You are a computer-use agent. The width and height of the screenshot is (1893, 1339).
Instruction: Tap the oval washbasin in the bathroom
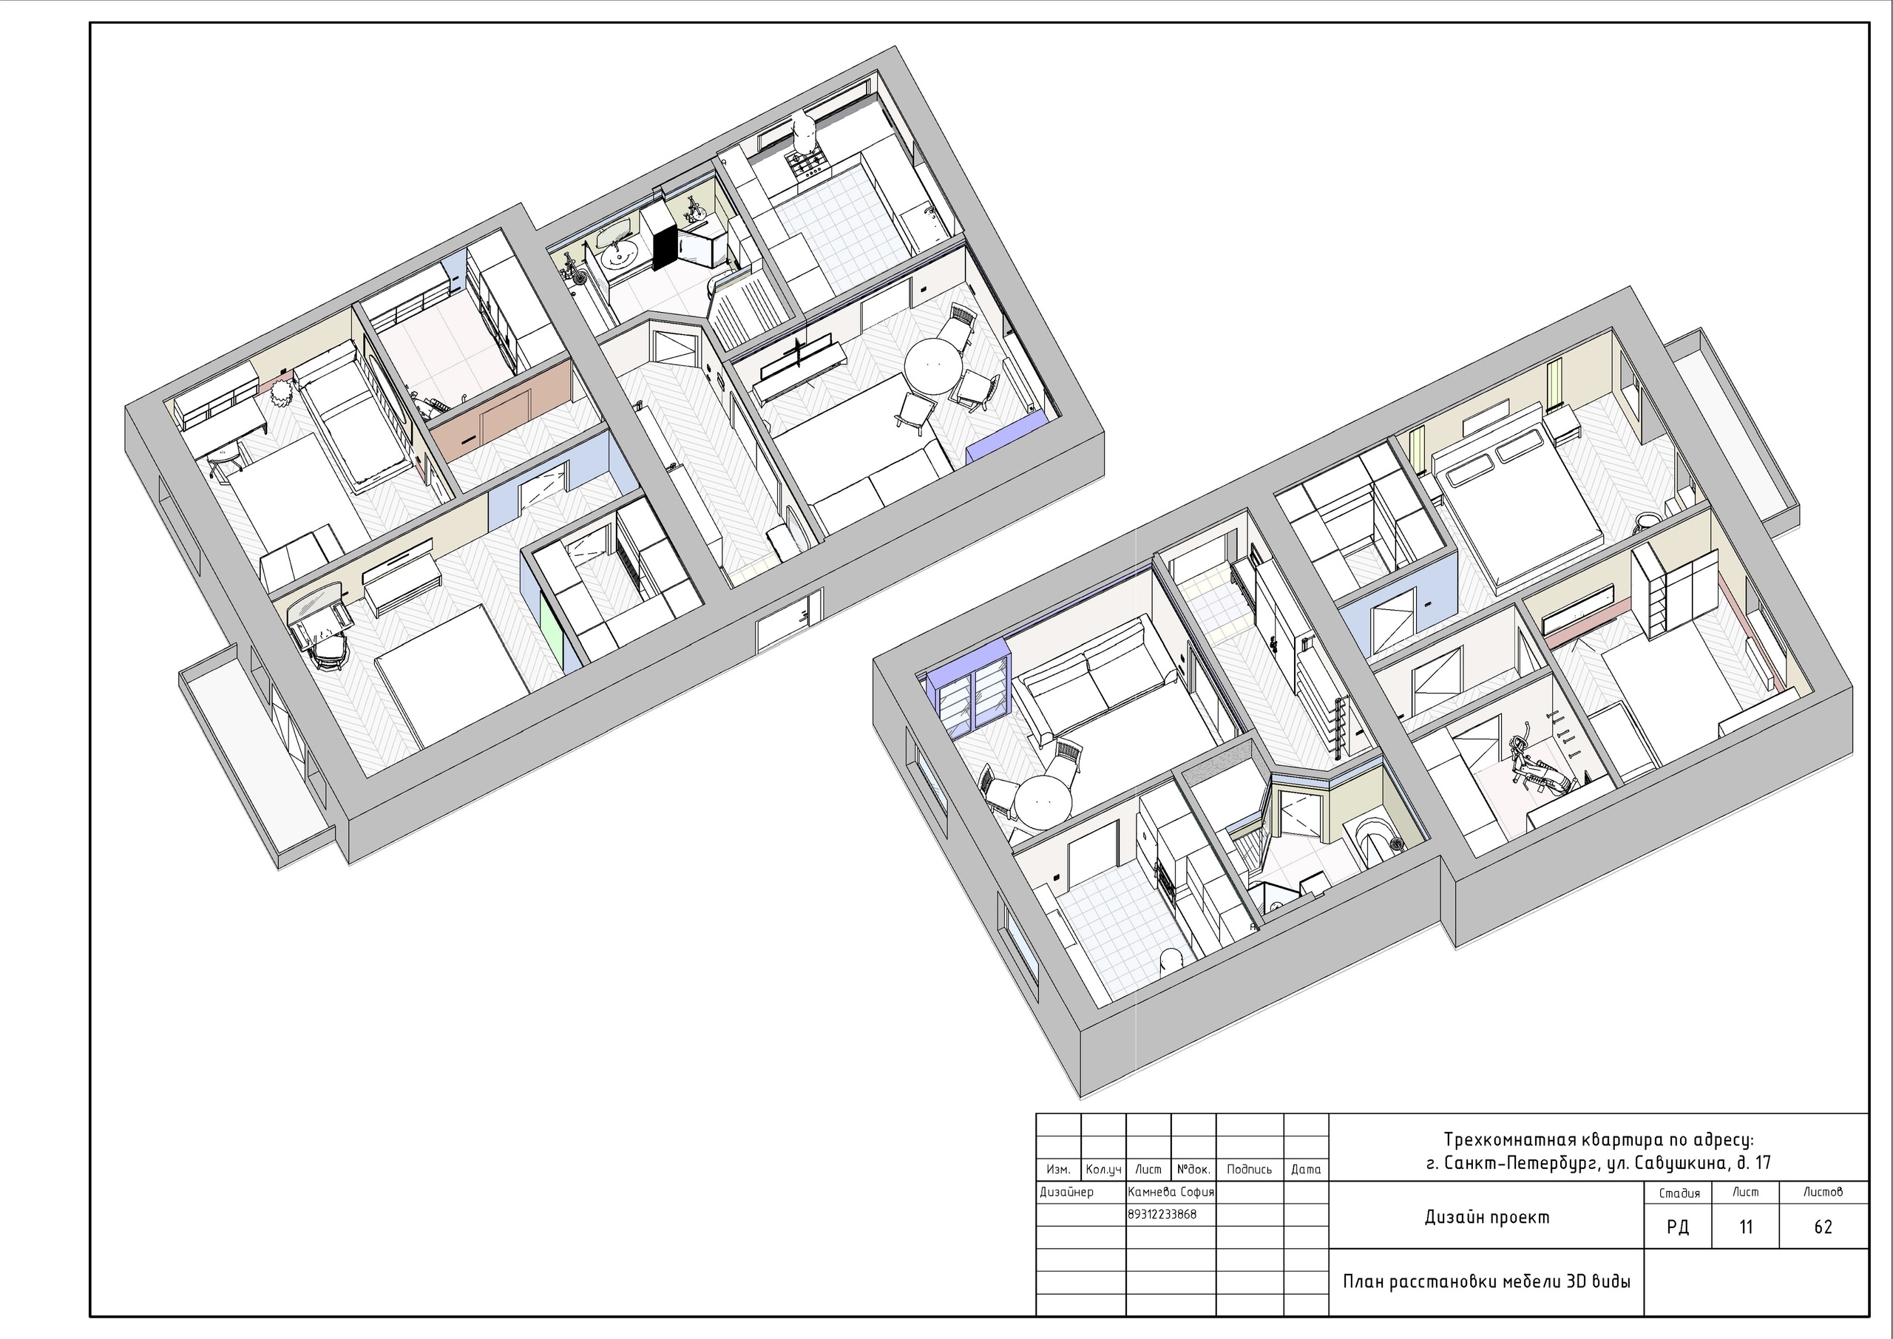pyautogui.click(x=617, y=257)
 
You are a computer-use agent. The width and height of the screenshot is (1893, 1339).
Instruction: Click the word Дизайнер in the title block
pyautogui.click(x=1066, y=1191)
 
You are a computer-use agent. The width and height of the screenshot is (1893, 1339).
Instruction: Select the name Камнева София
pyautogui.click(x=1171, y=1191)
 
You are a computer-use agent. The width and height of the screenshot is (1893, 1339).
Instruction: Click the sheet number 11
pyautogui.click(x=1745, y=1227)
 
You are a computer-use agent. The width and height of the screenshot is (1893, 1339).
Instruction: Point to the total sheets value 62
pyautogui.click(x=1823, y=1227)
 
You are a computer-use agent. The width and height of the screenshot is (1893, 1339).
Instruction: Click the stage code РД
pyautogui.click(x=1677, y=1227)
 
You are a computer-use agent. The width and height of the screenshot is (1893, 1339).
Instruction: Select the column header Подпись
pyautogui.click(x=1249, y=1169)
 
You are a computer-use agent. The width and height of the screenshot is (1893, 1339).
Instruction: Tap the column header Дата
pyautogui.click(x=1306, y=1169)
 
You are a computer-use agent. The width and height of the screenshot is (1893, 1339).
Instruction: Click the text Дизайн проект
pyautogui.click(x=1486, y=1217)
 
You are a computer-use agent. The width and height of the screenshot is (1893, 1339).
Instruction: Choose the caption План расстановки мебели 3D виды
pyautogui.click(x=1486, y=1281)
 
